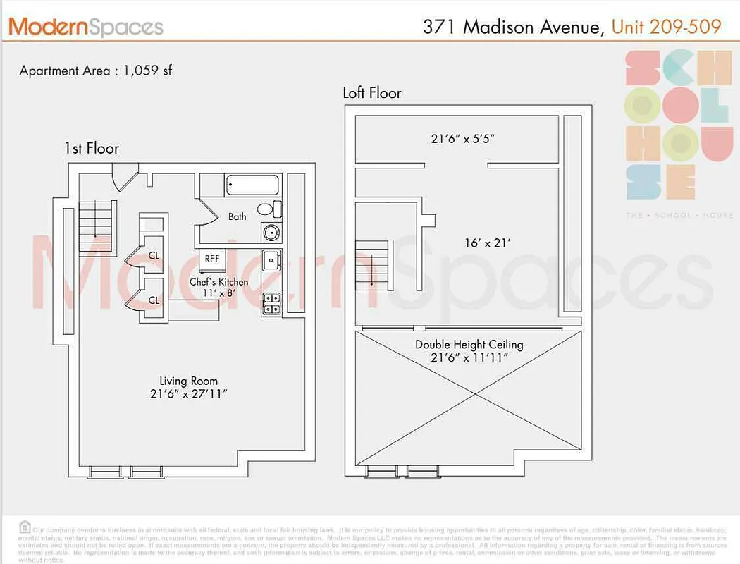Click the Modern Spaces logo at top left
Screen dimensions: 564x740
(85, 27)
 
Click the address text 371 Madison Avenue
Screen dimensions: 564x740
(513, 27)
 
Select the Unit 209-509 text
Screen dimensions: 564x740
(666, 27)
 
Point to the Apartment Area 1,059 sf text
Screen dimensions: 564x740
(96, 70)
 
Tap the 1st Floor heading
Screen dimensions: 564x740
(92, 149)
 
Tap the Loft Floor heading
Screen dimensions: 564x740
(372, 93)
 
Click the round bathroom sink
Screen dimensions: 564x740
(271, 231)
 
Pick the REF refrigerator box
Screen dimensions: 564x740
(211, 259)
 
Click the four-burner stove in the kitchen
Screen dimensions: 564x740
(271, 304)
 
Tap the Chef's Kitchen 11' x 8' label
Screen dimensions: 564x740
(218, 287)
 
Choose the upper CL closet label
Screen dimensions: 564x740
(154, 255)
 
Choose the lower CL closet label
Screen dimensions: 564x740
(154, 300)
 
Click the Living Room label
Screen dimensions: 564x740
(188, 387)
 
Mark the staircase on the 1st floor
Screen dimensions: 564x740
(94, 226)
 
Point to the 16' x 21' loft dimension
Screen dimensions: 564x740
(487, 243)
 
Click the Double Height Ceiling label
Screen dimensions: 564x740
(469, 351)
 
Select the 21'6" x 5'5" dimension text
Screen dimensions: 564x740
(463, 139)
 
